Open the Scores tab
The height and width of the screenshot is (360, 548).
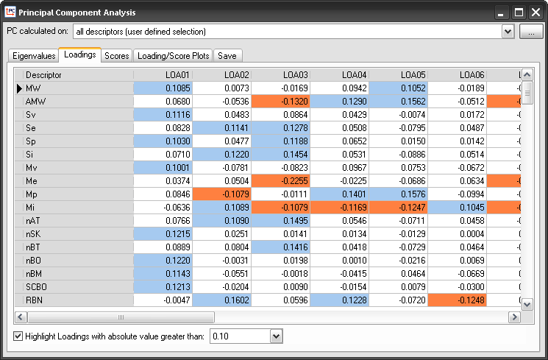point(117,56)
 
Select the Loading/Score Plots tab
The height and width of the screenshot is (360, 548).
point(174,56)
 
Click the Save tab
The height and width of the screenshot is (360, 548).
point(227,56)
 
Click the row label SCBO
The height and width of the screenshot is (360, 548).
point(38,286)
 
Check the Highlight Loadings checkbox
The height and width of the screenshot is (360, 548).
point(18,336)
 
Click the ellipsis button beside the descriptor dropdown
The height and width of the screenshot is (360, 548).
point(530,32)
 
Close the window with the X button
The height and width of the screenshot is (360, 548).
point(535,13)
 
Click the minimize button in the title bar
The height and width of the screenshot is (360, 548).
point(501,13)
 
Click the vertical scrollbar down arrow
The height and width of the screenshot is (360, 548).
point(527,303)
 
